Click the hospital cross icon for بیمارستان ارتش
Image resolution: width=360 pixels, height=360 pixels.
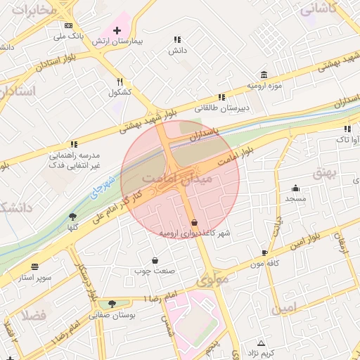(x=117, y=31)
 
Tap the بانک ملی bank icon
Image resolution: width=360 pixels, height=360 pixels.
(x=68, y=25)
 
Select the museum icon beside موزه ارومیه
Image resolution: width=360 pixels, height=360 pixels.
(x=264, y=75)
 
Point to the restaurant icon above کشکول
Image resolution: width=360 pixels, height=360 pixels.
(x=120, y=82)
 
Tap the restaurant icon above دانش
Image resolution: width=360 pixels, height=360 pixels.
(x=176, y=40)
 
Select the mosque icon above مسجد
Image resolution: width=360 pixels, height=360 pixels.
(x=295, y=188)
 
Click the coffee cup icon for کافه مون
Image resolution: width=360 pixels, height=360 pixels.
(x=264, y=252)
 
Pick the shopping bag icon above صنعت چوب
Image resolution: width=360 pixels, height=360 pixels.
(x=155, y=260)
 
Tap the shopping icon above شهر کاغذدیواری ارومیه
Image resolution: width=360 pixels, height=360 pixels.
(x=195, y=222)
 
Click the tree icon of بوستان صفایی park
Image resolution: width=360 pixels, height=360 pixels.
(x=112, y=304)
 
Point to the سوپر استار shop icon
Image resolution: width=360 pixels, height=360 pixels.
(x=35, y=267)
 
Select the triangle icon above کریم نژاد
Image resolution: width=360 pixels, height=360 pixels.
(x=262, y=341)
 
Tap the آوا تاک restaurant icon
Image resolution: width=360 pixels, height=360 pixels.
(x=347, y=129)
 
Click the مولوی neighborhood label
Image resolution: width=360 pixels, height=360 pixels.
(x=212, y=280)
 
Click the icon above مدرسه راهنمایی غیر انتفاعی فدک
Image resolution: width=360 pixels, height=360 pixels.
(x=74, y=144)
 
